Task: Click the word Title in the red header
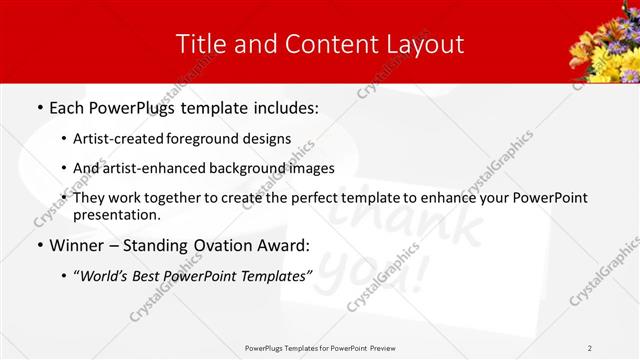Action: [201, 43]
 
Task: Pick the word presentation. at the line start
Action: [116, 214]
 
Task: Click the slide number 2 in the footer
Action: [590, 348]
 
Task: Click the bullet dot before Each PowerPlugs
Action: [39, 106]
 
